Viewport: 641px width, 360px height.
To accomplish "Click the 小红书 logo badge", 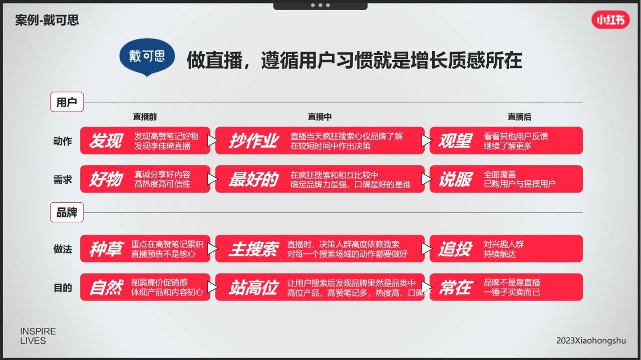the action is (x=610, y=20).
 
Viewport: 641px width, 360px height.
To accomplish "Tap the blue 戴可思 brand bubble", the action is (x=147, y=57).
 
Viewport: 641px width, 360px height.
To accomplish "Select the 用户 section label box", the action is (x=67, y=102).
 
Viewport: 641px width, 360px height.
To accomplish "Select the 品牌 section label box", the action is (x=67, y=212).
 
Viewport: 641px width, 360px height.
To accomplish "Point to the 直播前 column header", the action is (x=145, y=117).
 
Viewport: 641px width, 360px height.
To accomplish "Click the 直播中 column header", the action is (x=319, y=117).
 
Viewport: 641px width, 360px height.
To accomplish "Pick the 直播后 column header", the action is (x=519, y=117).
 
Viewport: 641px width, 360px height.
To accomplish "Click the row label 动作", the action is (x=63, y=141).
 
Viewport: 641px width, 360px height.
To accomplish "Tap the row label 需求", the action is (x=63, y=180).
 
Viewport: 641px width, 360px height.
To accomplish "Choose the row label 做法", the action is (x=63, y=249).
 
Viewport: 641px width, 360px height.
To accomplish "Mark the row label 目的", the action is (x=63, y=287).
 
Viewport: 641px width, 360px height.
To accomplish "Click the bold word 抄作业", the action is (x=253, y=141).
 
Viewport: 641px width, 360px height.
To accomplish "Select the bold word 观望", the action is (x=455, y=141).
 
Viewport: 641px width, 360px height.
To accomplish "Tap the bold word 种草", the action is (x=106, y=249).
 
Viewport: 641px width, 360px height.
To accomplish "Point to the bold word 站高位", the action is (x=253, y=287).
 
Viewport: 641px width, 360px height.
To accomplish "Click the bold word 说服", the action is (x=455, y=179).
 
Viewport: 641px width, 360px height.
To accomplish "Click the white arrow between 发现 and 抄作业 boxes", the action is (x=212, y=141).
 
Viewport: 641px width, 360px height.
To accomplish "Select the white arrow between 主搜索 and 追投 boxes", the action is (x=426, y=249).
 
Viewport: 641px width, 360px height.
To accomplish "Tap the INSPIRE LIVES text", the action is (x=38, y=336).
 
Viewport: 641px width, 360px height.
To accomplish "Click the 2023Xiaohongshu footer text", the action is (x=591, y=340).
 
